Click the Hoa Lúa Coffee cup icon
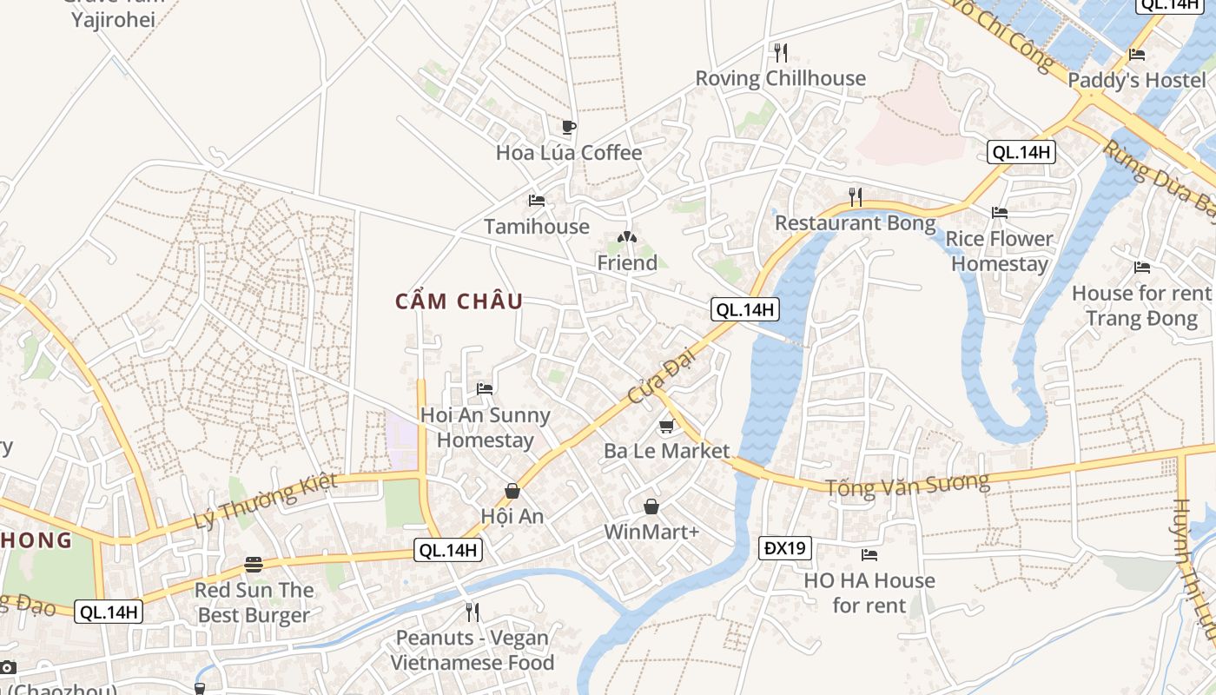(568, 128)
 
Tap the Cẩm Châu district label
(459, 301)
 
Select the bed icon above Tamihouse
(537, 201)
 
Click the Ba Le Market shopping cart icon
(666, 426)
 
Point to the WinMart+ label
(651, 532)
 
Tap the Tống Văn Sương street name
(907, 485)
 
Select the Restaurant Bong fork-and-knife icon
(856, 197)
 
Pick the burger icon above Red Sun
(254, 565)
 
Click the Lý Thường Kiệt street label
(265, 501)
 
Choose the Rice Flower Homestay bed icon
(1000, 212)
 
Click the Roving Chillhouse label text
(780, 78)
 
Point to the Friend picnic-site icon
(627, 237)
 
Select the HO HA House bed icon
(869, 554)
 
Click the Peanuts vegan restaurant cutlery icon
(472, 612)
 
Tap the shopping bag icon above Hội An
(512, 491)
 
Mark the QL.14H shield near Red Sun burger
(109, 612)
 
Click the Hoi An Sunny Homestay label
(486, 427)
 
